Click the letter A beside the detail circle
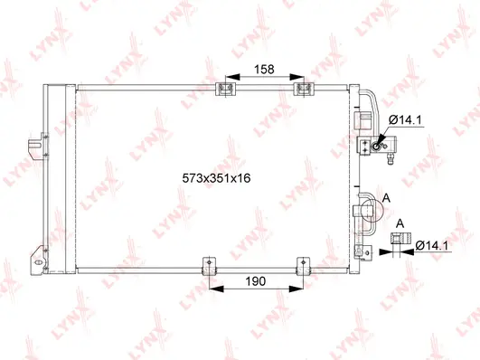(387, 198)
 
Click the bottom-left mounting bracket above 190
(210, 266)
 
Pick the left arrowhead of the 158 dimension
(229, 77)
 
